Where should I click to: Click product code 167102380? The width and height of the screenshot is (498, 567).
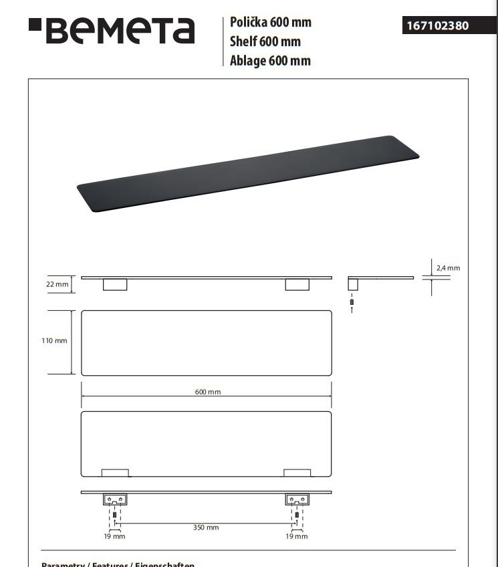coord(437,26)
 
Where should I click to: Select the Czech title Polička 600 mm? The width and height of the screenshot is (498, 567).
coord(271,22)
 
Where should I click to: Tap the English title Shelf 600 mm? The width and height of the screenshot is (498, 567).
coord(265,41)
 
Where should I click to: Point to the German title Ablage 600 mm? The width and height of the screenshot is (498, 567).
coord(270,61)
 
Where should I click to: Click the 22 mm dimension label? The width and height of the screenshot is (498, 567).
coord(57,284)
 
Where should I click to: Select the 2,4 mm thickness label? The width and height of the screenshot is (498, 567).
coord(448,268)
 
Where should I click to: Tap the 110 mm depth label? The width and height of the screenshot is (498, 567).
coord(54,341)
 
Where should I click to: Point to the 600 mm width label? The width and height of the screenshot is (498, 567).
coord(208,392)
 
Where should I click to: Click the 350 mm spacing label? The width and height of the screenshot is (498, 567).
coord(206,528)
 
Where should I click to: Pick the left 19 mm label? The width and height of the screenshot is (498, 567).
coord(114,536)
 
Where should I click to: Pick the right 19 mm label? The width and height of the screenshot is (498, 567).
coord(297,536)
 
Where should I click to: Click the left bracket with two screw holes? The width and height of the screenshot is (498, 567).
coord(115,499)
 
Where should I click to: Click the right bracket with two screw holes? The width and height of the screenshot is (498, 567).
coord(297,499)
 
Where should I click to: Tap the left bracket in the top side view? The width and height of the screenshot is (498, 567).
coord(115,285)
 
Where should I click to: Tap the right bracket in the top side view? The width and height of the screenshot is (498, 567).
coord(297,285)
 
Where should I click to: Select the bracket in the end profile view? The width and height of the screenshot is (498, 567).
coord(353,284)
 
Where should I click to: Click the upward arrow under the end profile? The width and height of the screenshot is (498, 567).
coord(352,310)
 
